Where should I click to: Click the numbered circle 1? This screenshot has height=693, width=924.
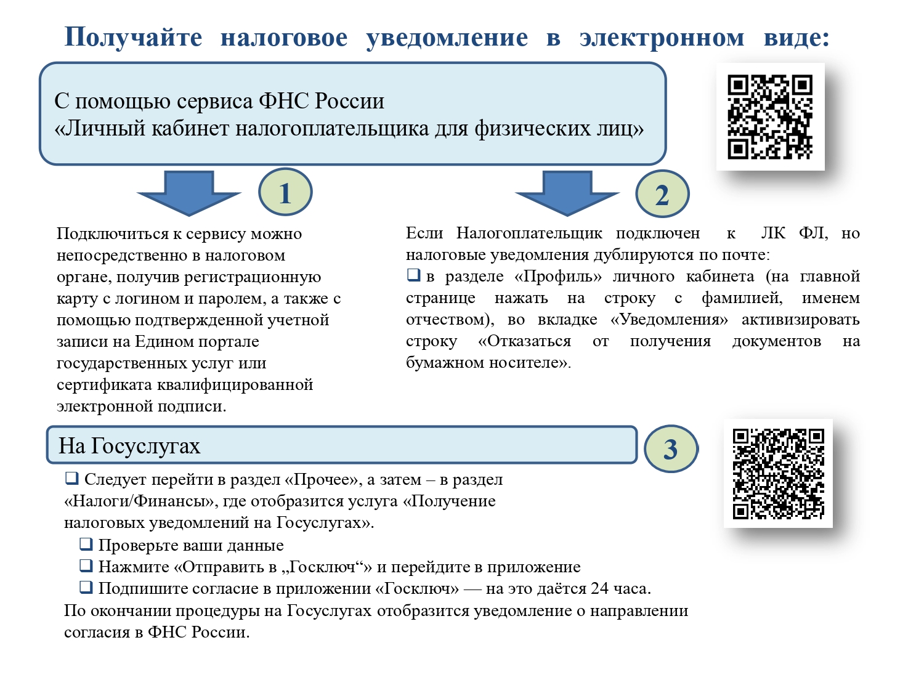tap(285, 192)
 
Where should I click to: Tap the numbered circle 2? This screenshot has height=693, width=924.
tap(662, 194)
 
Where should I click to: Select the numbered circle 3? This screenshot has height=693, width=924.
tap(671, 448)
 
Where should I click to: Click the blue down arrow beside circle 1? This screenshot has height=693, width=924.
tap(189, 193)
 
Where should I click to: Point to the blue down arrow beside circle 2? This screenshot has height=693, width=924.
tap(567, 193)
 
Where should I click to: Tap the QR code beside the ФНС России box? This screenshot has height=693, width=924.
tap(770, 116)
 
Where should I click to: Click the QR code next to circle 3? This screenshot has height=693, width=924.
tap(778, 473)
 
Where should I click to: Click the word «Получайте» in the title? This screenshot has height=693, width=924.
tap(134, 38)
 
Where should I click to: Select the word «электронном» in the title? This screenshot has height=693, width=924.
tap(662, 38)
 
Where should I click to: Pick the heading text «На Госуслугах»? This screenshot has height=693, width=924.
tap(129, 445)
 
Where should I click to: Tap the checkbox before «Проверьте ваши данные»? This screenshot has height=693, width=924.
tap(86, 544)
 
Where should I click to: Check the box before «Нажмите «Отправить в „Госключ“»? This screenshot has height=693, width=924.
tap(86, 565)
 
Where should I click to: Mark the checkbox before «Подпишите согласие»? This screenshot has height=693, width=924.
tap(86, 587)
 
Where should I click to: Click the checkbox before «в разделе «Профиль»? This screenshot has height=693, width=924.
tap(413, 275)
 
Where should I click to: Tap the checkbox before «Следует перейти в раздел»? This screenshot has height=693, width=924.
tap(71, 478)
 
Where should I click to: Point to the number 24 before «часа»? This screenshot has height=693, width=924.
tap(599, 588)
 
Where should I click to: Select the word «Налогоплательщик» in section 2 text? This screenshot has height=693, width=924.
tap(529, 233)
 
